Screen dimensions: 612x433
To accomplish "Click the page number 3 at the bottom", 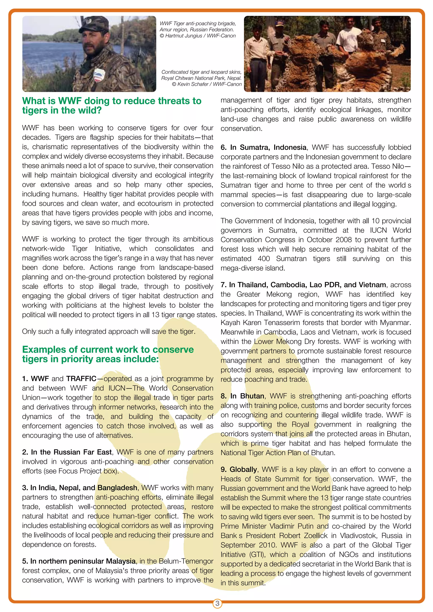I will click(217, 603).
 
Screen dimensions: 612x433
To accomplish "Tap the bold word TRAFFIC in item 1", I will click(81, 378).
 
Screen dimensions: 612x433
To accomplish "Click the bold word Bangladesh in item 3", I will click(117, 488).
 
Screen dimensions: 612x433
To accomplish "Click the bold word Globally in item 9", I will click(243, 469).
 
